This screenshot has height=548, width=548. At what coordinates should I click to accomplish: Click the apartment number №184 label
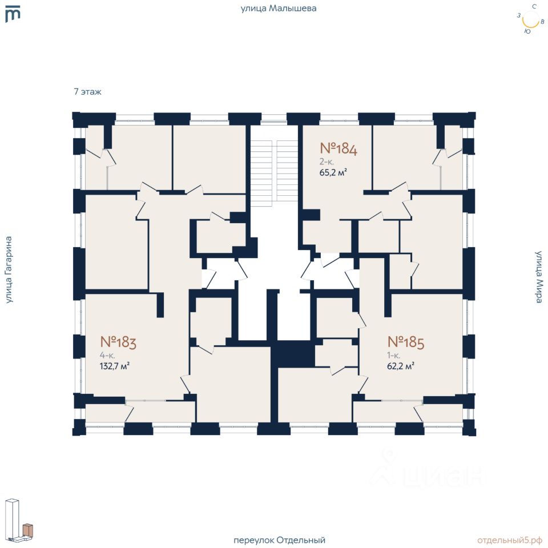point(339,148)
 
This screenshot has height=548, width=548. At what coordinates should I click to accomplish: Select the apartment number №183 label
point(118,342)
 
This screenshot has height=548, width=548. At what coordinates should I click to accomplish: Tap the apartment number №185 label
point(406,342)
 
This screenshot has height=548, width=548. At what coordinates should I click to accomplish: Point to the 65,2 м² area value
point(333,172)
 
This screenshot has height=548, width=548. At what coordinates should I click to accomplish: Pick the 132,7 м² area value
point(115,366)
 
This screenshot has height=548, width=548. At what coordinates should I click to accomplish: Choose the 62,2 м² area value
point(401,366)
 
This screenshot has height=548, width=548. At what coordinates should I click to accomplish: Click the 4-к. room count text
point(107,356)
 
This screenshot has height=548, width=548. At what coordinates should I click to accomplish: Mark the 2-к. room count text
point(327,162)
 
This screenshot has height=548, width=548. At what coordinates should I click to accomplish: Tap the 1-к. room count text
point(393,356)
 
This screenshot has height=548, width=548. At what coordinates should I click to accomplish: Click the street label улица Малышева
point(279,9)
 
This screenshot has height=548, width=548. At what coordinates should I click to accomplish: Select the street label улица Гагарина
point(9,269)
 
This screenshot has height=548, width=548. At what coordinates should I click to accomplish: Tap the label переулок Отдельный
point(279,540)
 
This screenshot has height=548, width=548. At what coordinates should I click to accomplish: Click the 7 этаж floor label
point(87,92)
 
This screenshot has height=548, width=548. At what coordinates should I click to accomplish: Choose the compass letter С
point(534,6)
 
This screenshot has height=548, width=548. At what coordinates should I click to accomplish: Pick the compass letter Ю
point(527,31)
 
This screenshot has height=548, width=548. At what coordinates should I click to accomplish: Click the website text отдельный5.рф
point(510,540)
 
